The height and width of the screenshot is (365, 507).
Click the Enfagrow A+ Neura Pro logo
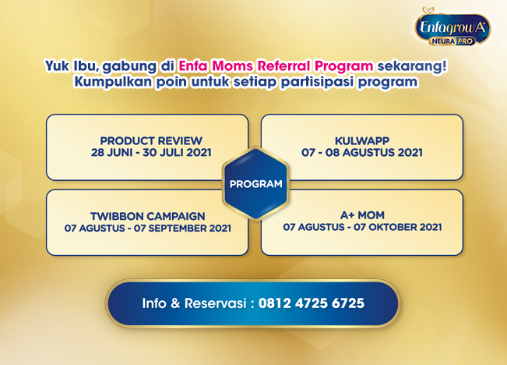452,27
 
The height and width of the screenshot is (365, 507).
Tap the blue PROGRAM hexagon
255,183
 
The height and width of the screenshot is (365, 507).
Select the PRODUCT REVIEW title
151,141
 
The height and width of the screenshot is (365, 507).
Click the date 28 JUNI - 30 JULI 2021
151,153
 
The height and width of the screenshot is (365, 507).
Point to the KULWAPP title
362,141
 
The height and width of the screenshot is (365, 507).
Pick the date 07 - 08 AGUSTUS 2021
362,153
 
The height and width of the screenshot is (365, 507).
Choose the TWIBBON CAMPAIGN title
148,216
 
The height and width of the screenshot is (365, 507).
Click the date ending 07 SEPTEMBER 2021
148,228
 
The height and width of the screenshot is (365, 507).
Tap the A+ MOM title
362,215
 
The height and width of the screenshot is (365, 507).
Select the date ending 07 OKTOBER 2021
362,227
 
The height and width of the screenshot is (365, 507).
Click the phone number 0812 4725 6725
312,303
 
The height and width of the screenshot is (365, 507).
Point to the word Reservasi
216,303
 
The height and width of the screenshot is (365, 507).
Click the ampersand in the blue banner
175,303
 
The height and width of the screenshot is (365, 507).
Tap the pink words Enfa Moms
216,66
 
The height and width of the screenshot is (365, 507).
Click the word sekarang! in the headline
412,66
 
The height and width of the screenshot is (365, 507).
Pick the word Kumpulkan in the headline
113,82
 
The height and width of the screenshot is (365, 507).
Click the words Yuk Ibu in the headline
72,66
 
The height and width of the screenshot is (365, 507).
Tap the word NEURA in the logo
443,41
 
